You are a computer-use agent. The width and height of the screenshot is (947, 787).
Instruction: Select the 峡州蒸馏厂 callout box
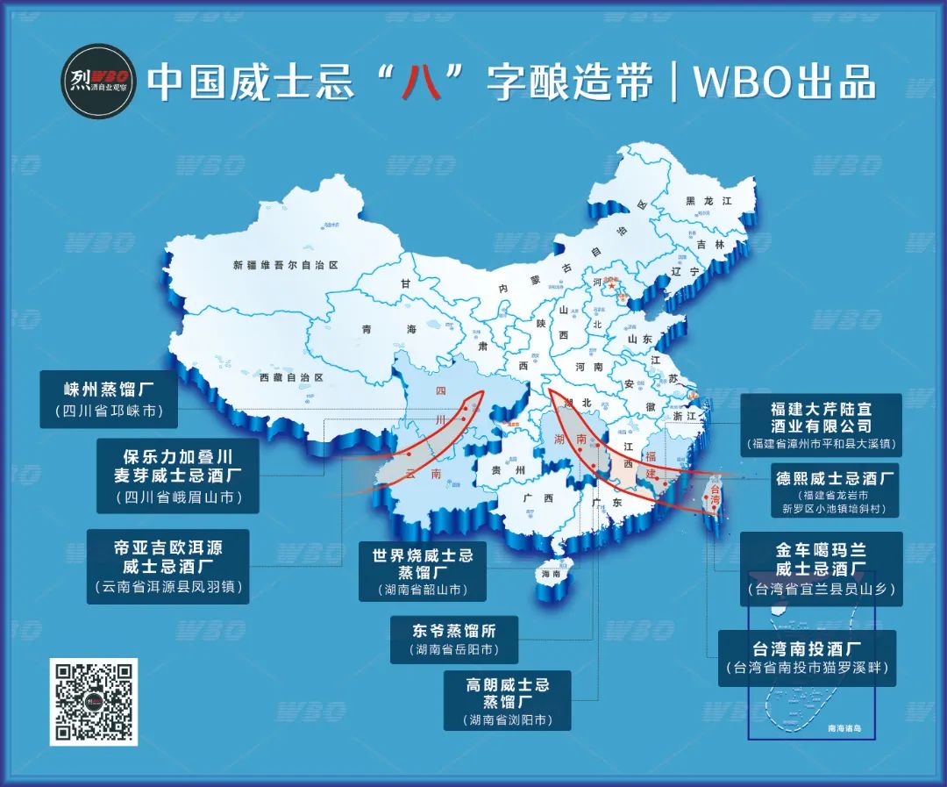point(108,399)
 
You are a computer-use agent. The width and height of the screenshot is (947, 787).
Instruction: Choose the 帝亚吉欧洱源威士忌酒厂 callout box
point(167,566)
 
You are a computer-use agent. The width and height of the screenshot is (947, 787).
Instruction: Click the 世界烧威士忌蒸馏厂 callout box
point(423,572)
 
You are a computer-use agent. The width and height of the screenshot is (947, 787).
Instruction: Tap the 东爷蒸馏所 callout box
point(453,640)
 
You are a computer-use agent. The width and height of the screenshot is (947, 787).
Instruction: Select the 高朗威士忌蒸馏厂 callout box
point(508,699)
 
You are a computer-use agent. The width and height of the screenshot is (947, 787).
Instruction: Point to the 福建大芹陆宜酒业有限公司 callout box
point(821,425)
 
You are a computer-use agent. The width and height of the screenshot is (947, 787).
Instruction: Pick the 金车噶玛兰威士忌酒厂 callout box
point(821,569)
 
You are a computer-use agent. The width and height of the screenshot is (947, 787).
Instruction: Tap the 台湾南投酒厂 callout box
point(807,658)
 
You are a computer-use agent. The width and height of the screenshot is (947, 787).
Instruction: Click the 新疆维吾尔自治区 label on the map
point(286,264)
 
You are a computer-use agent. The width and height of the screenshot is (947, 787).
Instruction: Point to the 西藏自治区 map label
point(291,377)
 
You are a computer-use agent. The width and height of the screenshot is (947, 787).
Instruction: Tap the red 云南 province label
point(423,474)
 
